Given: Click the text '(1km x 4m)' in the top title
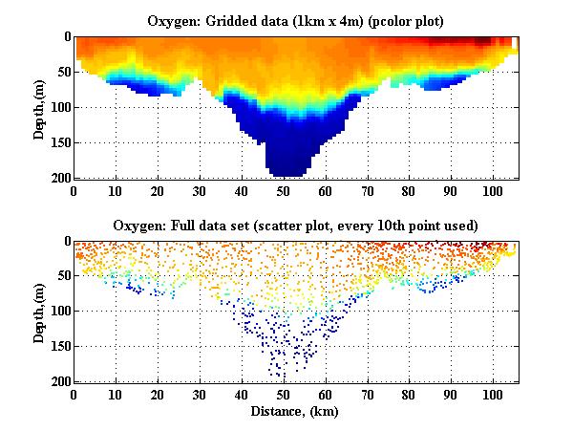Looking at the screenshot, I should coord(327,20).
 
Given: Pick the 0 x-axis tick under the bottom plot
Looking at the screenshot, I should coord(74,393).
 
